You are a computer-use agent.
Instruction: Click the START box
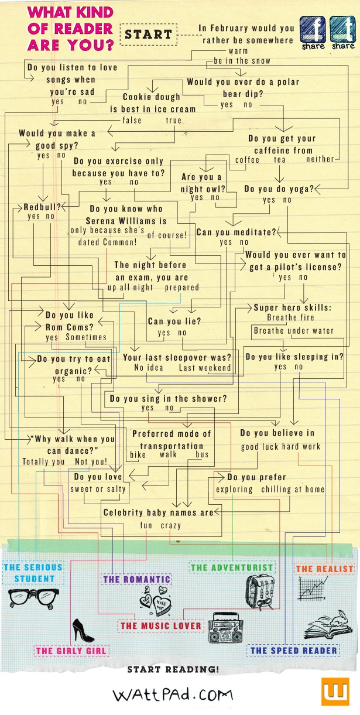coord(148,35)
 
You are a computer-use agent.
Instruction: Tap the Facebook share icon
coord(313,30)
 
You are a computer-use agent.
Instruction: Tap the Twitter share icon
coord(342,30)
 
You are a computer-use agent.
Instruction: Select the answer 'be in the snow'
coord(242,61)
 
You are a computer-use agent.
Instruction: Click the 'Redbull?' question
coord(42,207)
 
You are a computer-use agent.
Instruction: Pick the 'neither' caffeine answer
coord(320,159)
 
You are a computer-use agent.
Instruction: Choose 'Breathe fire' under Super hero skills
coord(290,318)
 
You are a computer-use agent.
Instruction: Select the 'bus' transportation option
coord(202,455)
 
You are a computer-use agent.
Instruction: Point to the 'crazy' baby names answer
coord(171,525)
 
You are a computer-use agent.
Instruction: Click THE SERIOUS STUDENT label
coord(33,573)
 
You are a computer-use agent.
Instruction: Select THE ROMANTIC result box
coord(136,580)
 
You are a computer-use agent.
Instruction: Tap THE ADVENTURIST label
coord(232,567)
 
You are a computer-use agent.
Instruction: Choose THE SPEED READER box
coord(294,650)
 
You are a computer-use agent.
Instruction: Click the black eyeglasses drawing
coord(31,597)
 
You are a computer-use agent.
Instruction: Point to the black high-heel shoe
coord(82,630)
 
